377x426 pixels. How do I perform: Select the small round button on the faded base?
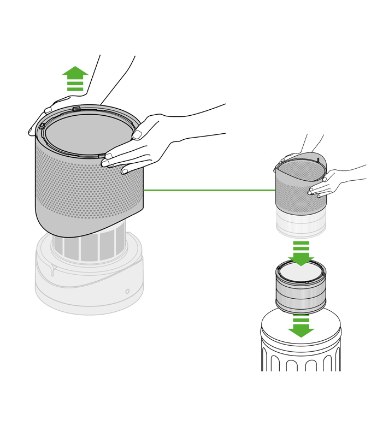coord(127,291)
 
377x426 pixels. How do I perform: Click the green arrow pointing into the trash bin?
coord(301,327)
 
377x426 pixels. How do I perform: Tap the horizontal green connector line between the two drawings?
coord(208,191)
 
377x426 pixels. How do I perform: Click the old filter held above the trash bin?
coord(301,289)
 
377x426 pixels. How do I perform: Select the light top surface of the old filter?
coord(301,271)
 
